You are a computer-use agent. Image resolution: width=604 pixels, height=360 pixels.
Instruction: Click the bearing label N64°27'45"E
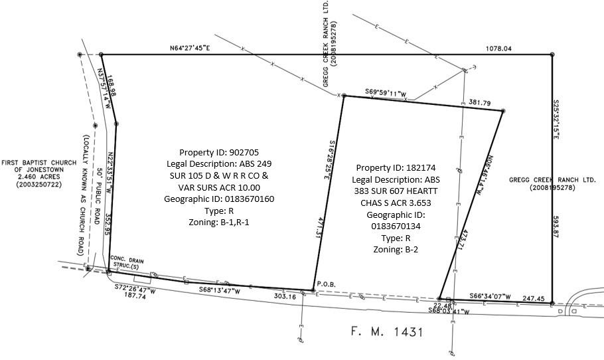click(189, 48)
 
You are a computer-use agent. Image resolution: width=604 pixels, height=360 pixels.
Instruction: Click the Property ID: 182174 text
click(397, 167)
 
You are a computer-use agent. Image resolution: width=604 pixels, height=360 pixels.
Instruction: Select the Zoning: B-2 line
click(397, 250)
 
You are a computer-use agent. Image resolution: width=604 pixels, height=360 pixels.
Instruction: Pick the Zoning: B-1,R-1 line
click(218, 223)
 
